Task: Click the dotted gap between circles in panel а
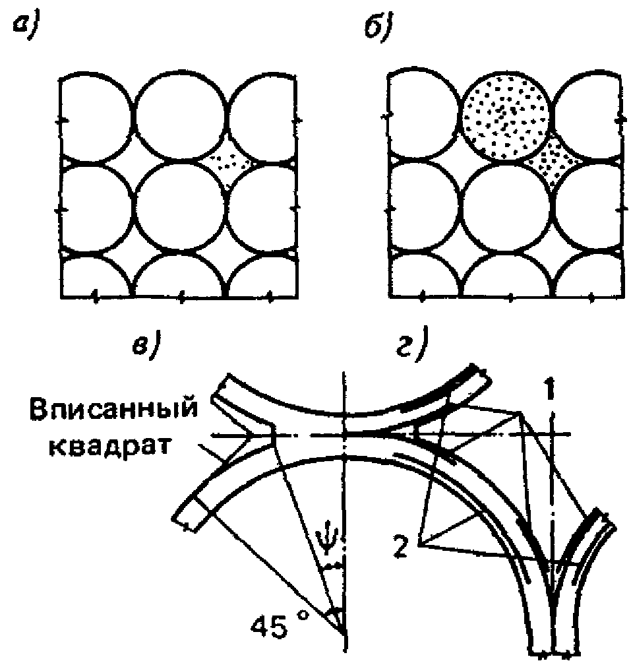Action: click(x=227, y=161)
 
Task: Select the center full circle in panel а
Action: click(x=180, y=208)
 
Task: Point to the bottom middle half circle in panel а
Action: click(x=180, y=277)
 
